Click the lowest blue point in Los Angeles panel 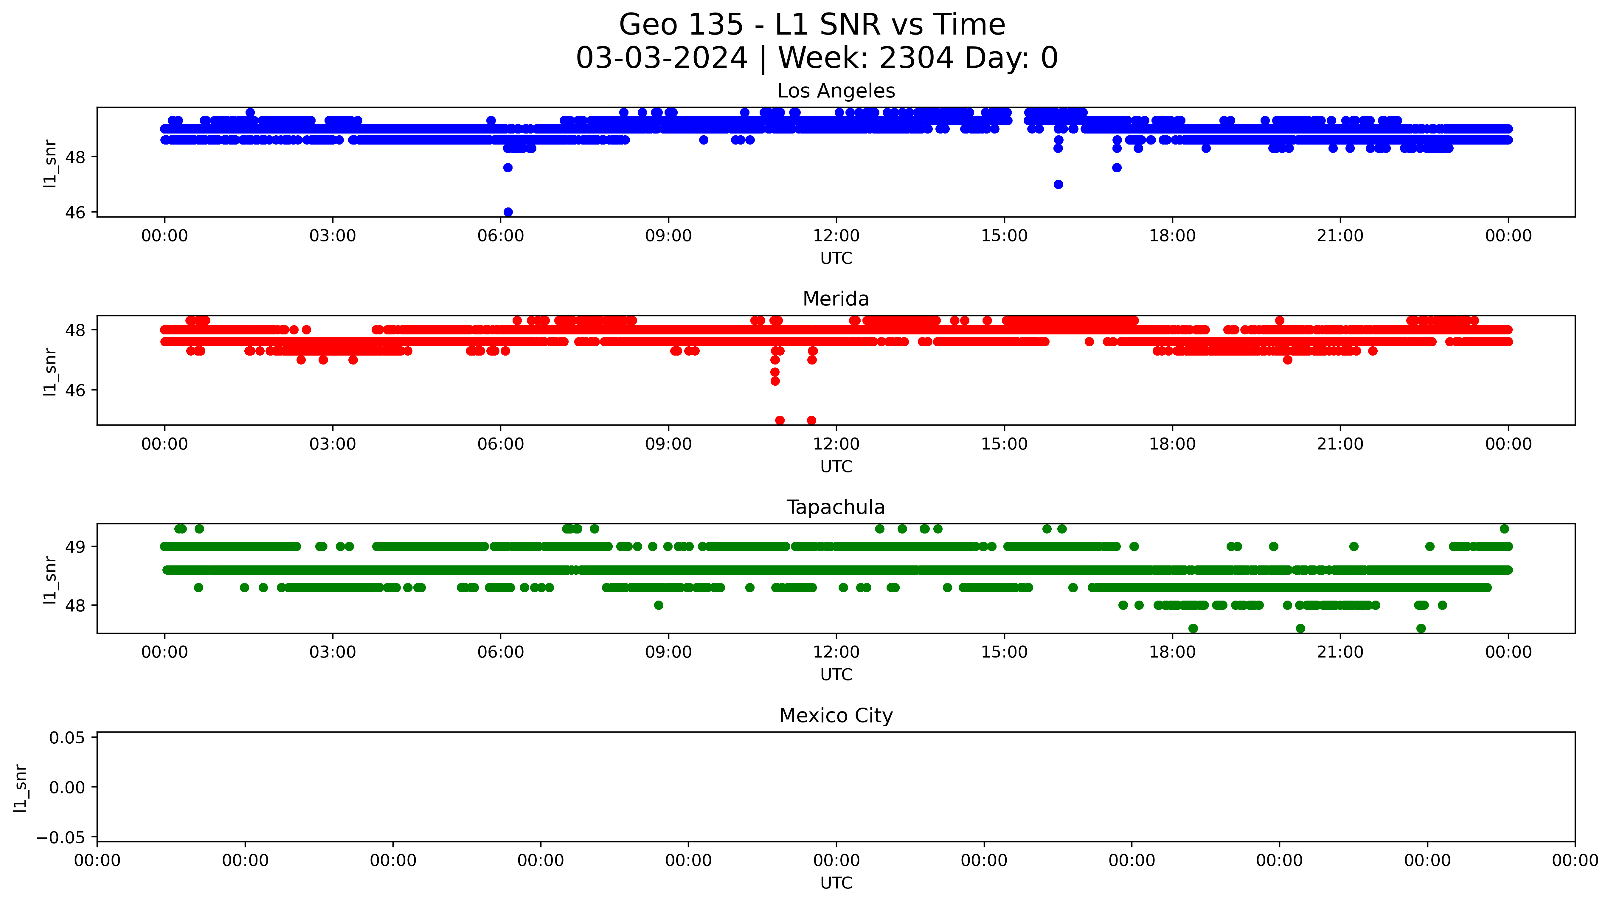508,212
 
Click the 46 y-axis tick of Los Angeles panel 75,213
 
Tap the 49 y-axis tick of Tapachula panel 75,547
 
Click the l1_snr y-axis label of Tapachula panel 50,579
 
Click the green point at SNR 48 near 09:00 659,605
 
